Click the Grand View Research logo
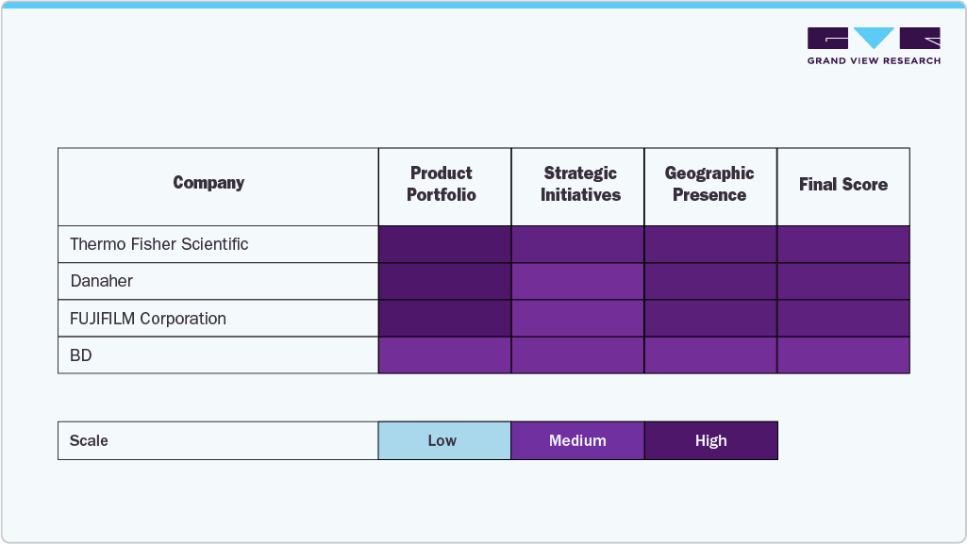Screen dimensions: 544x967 click(874, 45)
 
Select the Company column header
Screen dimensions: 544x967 click(208, 183)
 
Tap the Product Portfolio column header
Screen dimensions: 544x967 click(442, 184)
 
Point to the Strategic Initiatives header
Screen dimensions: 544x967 click(580, 184)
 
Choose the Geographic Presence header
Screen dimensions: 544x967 click(709, 184)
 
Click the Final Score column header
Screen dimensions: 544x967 click(842, 185)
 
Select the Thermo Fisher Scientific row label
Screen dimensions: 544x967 click(159, 244)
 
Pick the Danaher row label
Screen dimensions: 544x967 click(102, 281)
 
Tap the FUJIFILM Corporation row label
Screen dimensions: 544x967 click(148, 319)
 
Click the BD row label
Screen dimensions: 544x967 click(81, 355)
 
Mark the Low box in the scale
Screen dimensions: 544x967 click(443, 440)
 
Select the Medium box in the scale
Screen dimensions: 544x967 click(577, 440)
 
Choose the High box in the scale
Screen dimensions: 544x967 click(710, 440)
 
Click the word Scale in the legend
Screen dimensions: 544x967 click(89, 440)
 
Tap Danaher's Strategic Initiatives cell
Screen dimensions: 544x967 click(577, 281)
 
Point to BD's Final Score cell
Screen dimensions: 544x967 click(843, 355)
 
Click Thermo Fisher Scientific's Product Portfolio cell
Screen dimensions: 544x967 click(444, 244)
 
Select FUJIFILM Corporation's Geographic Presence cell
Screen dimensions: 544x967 click(710, 319)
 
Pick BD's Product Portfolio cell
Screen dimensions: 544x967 click(444, 355)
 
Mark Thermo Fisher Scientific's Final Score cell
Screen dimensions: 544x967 click(843, 244)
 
